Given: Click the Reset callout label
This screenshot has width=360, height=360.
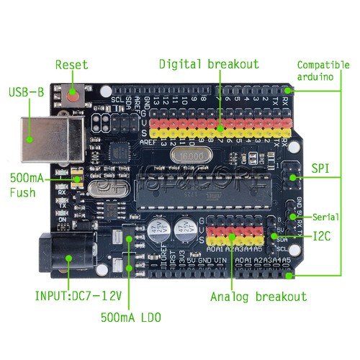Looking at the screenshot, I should pyautogui.click(x=71, y=65).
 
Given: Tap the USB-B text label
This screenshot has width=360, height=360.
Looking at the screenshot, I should pyautogui.click(x=27, y=93).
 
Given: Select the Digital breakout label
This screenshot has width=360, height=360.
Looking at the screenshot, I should pyautogui.click(x=209, y=64).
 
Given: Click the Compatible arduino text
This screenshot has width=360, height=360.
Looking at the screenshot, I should pyautogui.click(x=323, y=71).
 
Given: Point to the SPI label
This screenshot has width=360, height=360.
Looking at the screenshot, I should pyautogui.click(x=320, y=168).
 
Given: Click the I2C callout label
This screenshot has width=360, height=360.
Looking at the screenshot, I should pyautogui.click(x=323, y=235).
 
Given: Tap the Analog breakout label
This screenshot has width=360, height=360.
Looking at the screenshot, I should pyautogui.click(x=258, y=297).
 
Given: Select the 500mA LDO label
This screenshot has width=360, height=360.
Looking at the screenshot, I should pyautogui.click(x=130, y=317).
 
